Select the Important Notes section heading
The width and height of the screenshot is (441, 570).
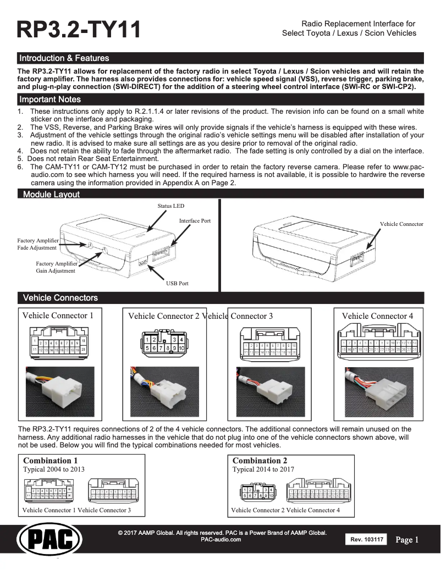(x=49, y=99)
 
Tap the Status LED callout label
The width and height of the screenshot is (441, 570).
(x=170, y=206)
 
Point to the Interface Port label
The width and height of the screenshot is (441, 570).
(x=195, y=220)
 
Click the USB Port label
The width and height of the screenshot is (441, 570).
(x=177, y=284)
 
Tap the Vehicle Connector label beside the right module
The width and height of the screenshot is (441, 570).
(x=401, y=224)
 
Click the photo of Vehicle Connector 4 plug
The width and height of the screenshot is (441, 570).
(x=377, y=391)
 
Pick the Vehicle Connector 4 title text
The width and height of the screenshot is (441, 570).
(x=377, y=316)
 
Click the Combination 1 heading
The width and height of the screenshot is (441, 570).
(x=47, y=460)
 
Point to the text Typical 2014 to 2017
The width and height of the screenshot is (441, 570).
(x=263, y=469)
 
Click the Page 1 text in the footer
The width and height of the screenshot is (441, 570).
(x=407, y=540)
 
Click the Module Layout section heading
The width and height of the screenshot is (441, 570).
(x=51, y=194)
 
